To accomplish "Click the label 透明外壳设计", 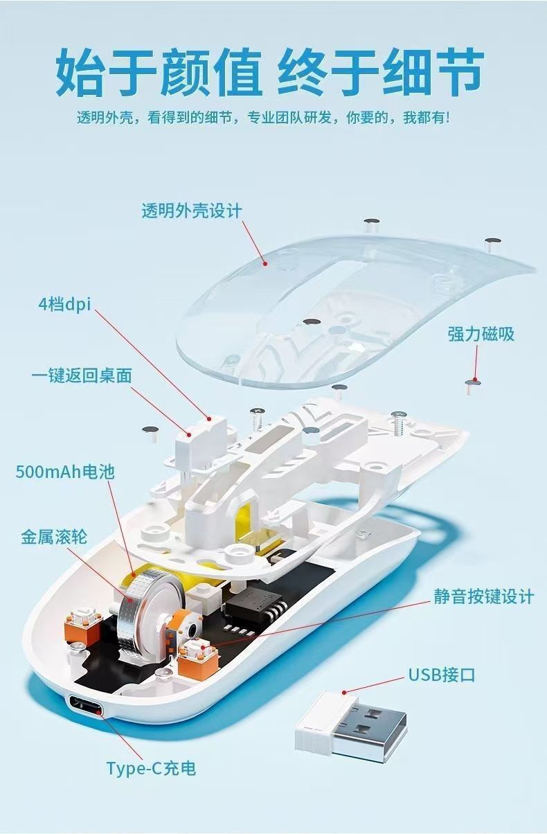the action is click(x=192, y=211).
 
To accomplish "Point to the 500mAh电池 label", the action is click(x=65, y=472).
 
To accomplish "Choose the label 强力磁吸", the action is click(x=481, y=334).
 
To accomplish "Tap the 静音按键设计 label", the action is click(x=484, y=596).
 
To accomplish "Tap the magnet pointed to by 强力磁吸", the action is click(x=474, y=383).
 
